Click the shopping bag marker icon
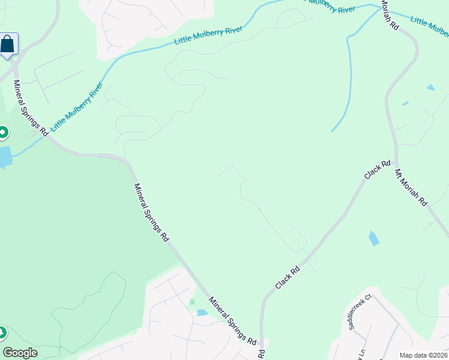click(x=8, y=44)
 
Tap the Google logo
click(x=20, y=352)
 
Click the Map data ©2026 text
click(x=423, y=355)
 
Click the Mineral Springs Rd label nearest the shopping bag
click(x=31, y=106)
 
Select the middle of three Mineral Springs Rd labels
click(x=151, y=212)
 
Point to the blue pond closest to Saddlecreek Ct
click(x=373, y=238)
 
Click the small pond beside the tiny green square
click(x=202, y=313)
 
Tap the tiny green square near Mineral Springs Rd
click(x=192, y=302)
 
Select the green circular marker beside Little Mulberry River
click(x=2, y=133)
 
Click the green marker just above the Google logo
click(x=2, y=332)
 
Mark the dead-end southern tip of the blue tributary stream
click(x=332, y=131)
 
